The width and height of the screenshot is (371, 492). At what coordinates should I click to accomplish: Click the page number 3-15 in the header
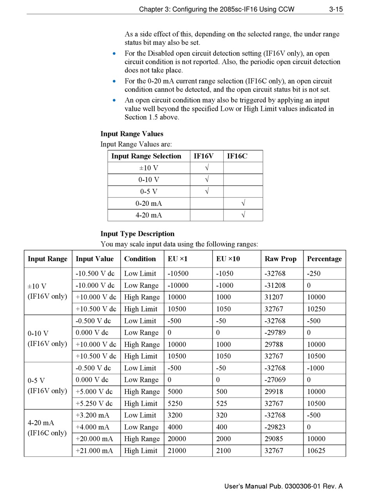[336, 9]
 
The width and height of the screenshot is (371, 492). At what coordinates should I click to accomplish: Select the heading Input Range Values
[132, 134]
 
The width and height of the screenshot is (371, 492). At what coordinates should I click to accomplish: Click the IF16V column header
[204, 156]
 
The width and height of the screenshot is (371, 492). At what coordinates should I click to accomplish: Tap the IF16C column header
[237, 156]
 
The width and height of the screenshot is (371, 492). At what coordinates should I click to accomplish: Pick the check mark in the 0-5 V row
[207, 191]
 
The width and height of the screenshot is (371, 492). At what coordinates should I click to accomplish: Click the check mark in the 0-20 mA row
[243, 203]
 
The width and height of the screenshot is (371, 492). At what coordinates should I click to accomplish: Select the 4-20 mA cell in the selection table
[148, 215]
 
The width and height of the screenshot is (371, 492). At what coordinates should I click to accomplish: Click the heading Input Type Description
[137, 234]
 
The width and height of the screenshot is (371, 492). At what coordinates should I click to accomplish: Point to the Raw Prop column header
[280, 259]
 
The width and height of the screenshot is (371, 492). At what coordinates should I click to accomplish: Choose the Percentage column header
[324, 259]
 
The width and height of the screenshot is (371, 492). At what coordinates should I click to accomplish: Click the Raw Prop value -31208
[275, 285]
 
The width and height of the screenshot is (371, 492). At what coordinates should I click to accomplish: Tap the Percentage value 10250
[316, 309]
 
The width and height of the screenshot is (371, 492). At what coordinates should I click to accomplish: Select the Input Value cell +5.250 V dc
[94, 403]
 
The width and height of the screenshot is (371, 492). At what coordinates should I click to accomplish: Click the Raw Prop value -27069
[275, 380]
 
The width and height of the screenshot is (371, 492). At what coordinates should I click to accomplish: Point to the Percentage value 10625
[316, 451]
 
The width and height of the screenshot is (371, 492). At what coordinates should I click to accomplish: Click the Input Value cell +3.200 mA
[93, 415]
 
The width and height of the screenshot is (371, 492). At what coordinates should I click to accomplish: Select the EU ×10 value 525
[222, 403]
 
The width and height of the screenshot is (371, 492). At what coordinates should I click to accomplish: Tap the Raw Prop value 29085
[274, 439]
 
